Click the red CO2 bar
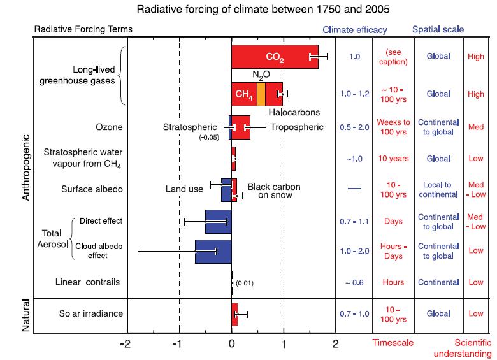274,57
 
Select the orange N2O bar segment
261,94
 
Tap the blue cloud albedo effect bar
213,251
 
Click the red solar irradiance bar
234,314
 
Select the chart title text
248,10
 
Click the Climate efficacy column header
355,29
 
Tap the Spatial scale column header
438,29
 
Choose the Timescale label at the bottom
393,342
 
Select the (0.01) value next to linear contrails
245,283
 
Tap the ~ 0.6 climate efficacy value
354,282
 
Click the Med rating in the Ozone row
475,127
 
